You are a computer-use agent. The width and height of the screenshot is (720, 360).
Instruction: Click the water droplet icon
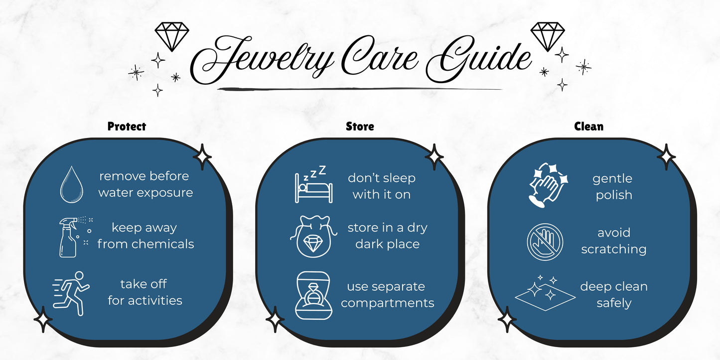point(72,185)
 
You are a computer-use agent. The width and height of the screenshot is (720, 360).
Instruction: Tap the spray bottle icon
point(75,237)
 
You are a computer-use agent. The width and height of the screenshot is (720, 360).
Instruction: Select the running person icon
point(71,293)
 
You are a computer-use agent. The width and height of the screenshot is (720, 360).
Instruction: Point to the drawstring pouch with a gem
point(313,237)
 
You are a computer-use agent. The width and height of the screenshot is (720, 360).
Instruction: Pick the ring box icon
point(313,295)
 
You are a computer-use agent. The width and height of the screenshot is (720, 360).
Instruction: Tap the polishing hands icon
point(548,185)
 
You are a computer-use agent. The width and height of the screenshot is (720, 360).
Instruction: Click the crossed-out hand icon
point(545,242)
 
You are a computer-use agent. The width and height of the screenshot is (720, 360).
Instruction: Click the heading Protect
point(127,126)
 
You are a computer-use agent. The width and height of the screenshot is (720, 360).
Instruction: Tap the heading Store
point(360,126)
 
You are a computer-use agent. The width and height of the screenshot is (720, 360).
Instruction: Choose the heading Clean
point(588,126)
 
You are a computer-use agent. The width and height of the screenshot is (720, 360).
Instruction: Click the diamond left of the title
point(172,36)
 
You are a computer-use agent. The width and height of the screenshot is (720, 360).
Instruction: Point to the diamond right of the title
point(548,36)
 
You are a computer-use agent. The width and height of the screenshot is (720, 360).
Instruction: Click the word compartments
point(387,303)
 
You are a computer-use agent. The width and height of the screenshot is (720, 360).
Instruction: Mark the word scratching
point(613,249)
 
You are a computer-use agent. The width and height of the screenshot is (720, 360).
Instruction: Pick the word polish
point(614,195)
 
